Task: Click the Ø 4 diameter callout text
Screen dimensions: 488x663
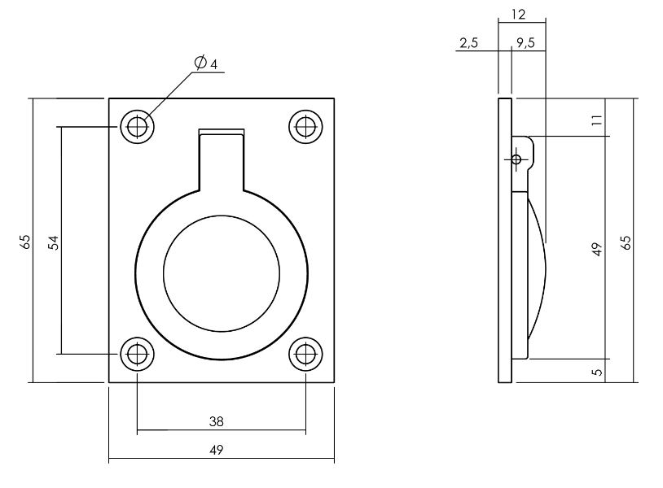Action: [205, 63]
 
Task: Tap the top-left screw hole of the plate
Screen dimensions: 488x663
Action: [138, 127]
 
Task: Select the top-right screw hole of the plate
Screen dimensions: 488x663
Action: [306, 127]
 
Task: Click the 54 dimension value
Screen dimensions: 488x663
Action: [53, 242]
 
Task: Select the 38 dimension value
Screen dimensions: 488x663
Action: [216, 421]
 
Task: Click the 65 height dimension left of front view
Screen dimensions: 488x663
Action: [24, 242]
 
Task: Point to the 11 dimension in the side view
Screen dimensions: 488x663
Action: [596, 120]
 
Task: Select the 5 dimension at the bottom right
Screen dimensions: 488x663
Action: [596, 372]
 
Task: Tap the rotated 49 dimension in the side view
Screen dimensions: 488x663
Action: [596, 249]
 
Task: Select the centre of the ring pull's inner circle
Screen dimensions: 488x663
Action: [222, 272]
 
